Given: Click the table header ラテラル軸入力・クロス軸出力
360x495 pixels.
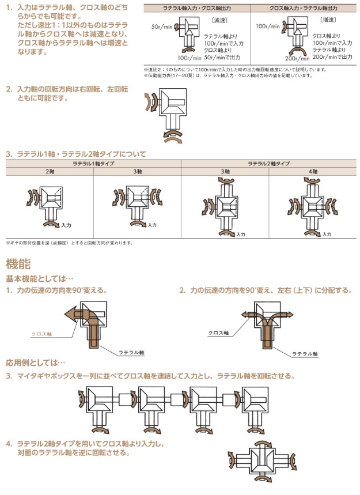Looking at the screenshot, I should [x=196, y=8].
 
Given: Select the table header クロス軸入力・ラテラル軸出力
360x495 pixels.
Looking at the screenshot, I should [x=304, y=8].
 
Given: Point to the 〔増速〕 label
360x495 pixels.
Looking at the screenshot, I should [x=328, y=20].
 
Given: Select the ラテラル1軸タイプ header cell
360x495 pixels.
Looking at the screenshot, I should [x=93, y=164].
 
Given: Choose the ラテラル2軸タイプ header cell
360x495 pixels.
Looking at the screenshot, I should [x=268, y=164].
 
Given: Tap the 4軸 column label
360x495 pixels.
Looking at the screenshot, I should [x=312, y=172].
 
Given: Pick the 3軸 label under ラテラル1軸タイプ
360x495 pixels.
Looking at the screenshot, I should [x=137, y=172].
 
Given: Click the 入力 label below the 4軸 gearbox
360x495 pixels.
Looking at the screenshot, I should [x=327, y=235].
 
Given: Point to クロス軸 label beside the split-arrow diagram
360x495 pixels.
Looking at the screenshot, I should [x=218, y=333].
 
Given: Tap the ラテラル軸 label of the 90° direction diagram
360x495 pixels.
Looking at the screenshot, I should [x=131, y=352].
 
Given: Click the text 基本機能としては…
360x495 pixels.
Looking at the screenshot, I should [x=39, y=278].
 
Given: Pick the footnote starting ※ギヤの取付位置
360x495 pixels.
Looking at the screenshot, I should [x=69, y=243].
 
